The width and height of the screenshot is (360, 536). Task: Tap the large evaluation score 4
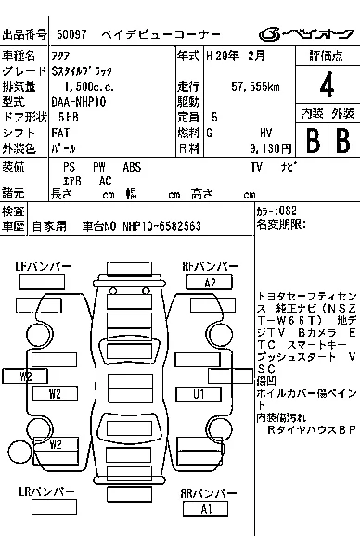[x=326, y=88]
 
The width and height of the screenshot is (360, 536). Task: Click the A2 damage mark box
[x=210, y=283]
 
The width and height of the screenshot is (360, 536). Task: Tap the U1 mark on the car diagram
[x=198, y=394]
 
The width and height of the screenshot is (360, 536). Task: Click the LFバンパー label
[x=43, y=267]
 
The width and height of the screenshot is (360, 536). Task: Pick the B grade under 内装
[x=314, y=141]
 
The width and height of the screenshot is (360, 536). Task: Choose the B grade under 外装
[x=341, y=141]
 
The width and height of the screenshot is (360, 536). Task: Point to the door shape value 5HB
[x=69, y=118]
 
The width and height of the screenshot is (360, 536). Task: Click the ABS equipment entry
[x=132, y=168]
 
